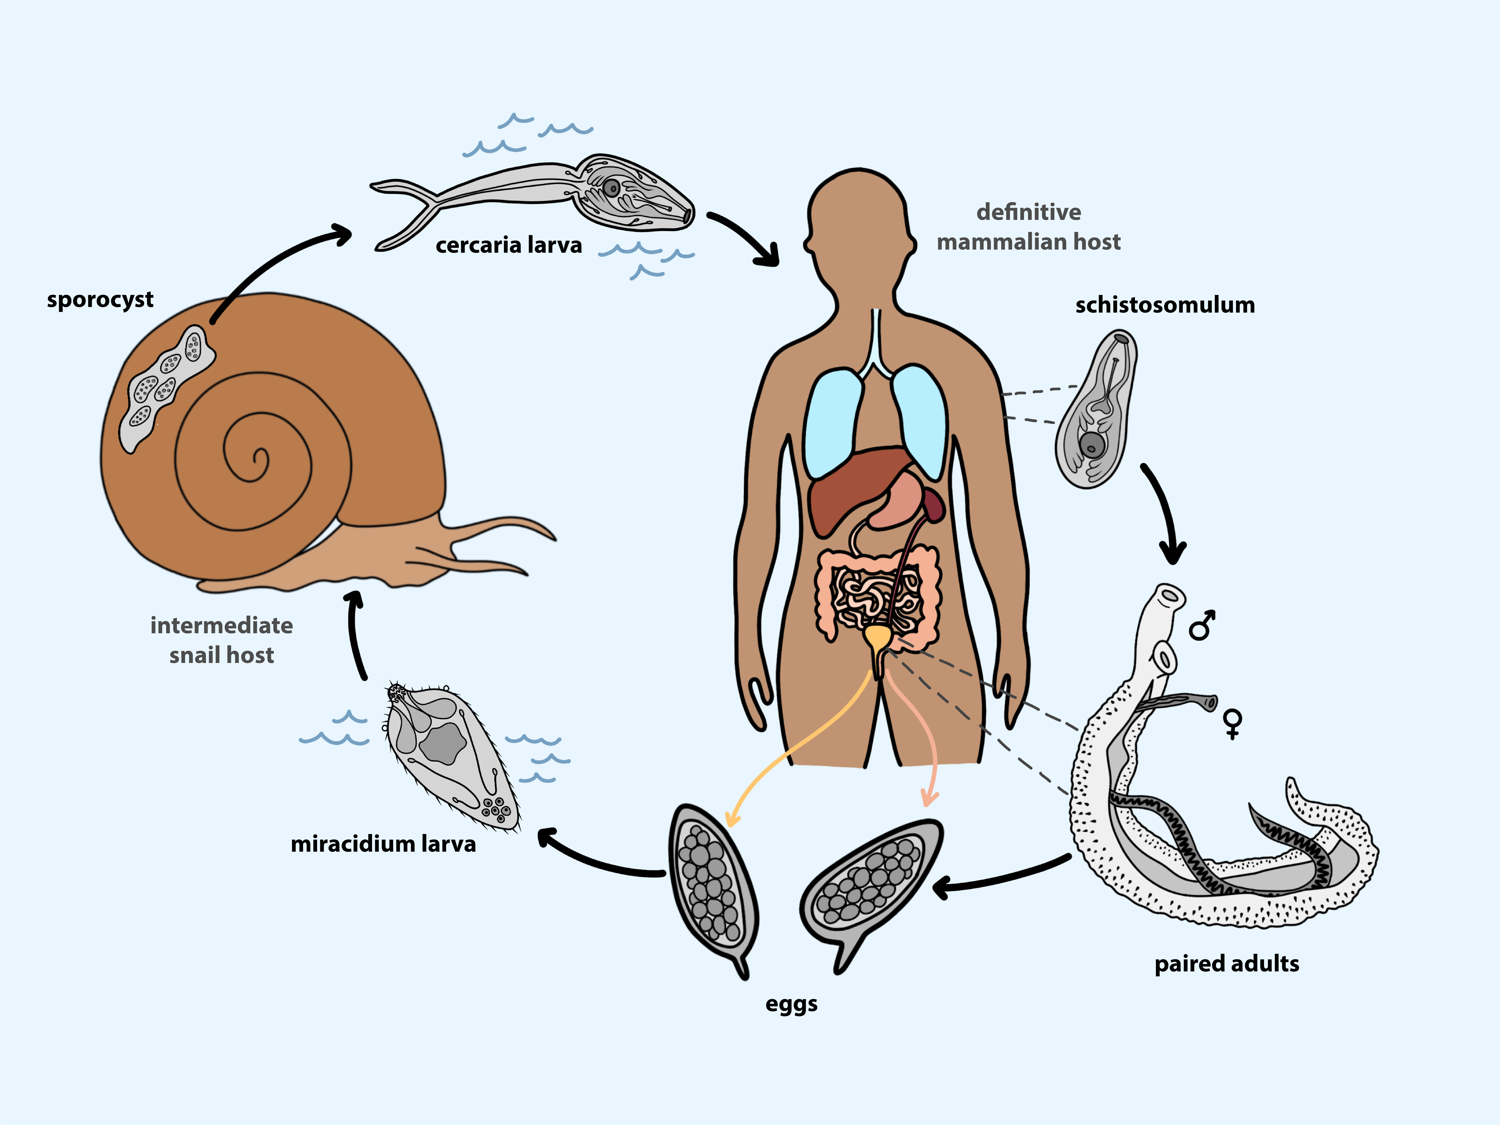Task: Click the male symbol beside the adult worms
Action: click(1202, 625)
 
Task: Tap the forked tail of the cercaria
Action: click(407, 210)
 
